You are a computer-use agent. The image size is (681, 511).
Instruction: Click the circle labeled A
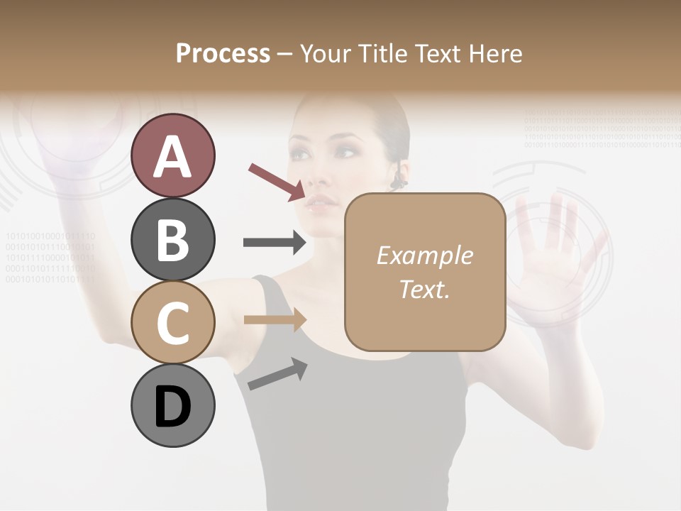(x=172, y=155)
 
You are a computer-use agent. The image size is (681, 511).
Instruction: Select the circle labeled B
(x=172, y=239)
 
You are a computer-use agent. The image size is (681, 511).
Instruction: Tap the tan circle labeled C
(x=172, y=323)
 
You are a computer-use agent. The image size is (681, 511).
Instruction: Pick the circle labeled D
(x=172, y=407)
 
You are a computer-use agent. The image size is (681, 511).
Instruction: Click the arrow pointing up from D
(x=277, y=374)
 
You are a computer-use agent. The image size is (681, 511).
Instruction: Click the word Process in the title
(x=223, y=53)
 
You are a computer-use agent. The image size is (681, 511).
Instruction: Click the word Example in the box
(x=424, y=255)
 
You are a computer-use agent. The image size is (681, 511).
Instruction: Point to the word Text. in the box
(x=424, y=290)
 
